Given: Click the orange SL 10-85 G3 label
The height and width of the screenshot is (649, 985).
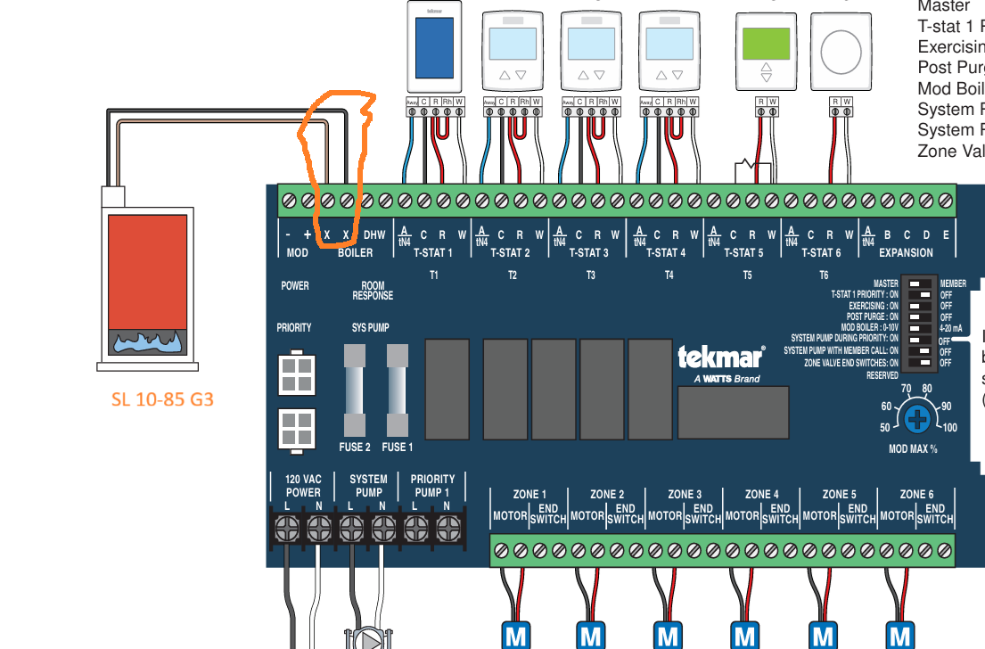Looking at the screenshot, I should (x=162, y=398).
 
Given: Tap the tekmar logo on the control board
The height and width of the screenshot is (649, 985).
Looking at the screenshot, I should (x=721, y=357).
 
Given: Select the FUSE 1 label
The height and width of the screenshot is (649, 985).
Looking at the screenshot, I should (x=398, y=447).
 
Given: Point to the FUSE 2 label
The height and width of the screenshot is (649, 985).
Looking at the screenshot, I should (x=355, y=447).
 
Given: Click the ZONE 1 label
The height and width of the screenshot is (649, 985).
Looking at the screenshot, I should (x=529, y=494).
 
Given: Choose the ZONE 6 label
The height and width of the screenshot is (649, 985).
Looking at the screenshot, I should (x=916, y=494).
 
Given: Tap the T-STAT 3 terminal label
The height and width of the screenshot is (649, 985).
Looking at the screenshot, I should (x=589, y=252).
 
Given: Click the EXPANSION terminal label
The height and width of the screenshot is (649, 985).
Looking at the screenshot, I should (x=906, y=252).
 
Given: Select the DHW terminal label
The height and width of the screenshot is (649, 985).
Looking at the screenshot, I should (x=375, y=235).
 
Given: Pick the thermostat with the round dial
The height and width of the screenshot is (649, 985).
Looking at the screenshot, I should (x=841, y=52).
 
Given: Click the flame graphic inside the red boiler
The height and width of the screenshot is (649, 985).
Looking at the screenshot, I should (x=148, y=341).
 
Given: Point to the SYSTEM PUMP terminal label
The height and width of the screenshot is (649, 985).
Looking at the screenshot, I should (x=368, y=486).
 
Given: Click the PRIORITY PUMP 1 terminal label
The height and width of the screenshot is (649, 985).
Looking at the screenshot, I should (x=433, y=486).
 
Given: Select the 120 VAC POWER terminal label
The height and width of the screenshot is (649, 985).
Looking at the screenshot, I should (x=303, y=486).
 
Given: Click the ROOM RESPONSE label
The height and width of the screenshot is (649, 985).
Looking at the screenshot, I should (x=373, y=291).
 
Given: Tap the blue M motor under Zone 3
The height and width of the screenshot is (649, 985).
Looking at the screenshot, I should (x=668, y=636).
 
